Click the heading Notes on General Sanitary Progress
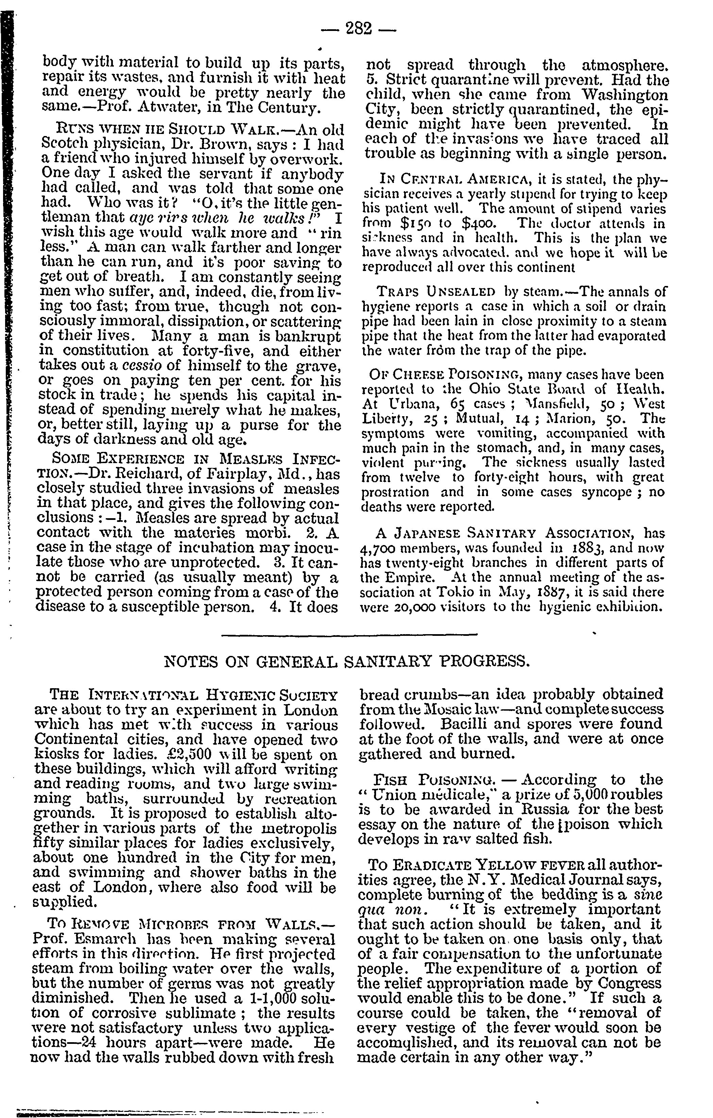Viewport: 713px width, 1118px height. pyautogui.click(x=347, y=661)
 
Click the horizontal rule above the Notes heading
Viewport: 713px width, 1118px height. pyautogui.click(x=349, y=635)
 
